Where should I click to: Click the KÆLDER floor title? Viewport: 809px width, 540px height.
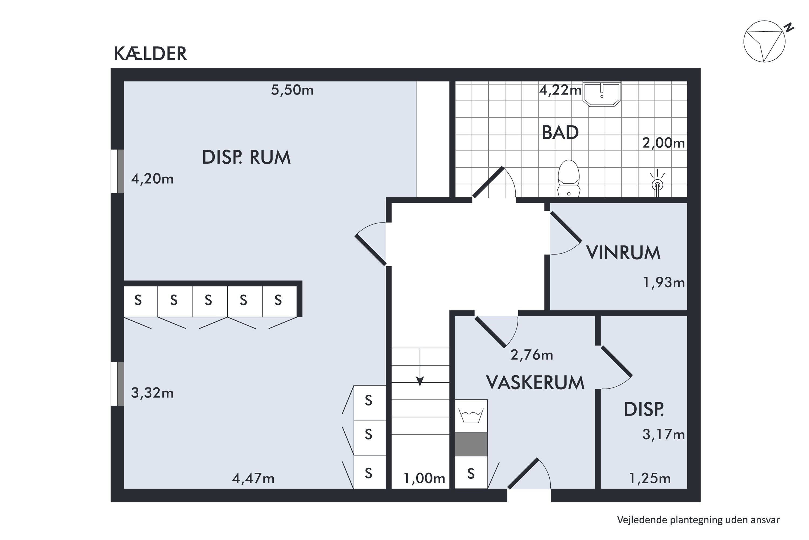(150, 54)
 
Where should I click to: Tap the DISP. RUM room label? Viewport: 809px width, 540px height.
(246, 157)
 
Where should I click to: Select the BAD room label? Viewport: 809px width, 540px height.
(560, 133)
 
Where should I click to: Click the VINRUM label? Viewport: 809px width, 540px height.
(623, 253)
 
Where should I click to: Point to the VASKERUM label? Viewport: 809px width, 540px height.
(535, 383)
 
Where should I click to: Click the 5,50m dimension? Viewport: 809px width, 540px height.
(292, 90)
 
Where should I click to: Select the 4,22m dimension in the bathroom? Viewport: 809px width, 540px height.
(560, 90)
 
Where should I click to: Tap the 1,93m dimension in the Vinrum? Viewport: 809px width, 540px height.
(663, 283)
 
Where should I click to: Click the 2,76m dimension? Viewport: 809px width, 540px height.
(532, 355)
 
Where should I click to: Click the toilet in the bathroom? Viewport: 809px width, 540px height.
(568, 178)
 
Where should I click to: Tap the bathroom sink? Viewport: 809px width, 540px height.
(602, 94)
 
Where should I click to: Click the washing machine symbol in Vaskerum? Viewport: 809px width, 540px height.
(471, 416)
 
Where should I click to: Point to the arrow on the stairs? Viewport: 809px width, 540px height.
(420, 380)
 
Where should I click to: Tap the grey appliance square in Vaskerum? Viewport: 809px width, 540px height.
(471, 444)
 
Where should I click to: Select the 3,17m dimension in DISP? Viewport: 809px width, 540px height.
(663, 435)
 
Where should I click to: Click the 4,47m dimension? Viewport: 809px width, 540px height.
(253, 478)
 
